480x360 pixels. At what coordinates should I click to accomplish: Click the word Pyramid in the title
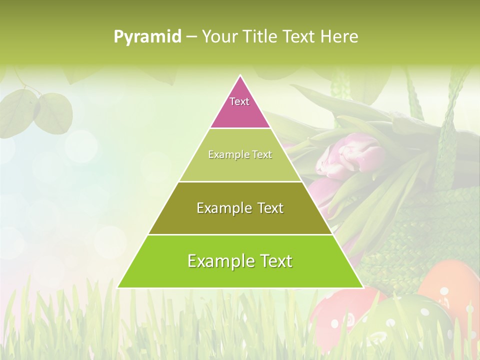click(147, 36)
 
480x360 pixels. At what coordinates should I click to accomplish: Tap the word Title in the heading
click(260, 36)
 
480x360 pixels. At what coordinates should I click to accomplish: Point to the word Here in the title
click(339, 36)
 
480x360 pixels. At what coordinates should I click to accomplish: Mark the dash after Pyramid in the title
click(191, 37)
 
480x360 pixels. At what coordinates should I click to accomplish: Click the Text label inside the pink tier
click(239, 101)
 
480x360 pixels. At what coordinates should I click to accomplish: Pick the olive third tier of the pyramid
click(240, 220)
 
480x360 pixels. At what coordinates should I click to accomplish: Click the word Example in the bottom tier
click(220, 261)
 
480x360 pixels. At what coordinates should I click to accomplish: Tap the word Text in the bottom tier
click(275, 261)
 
